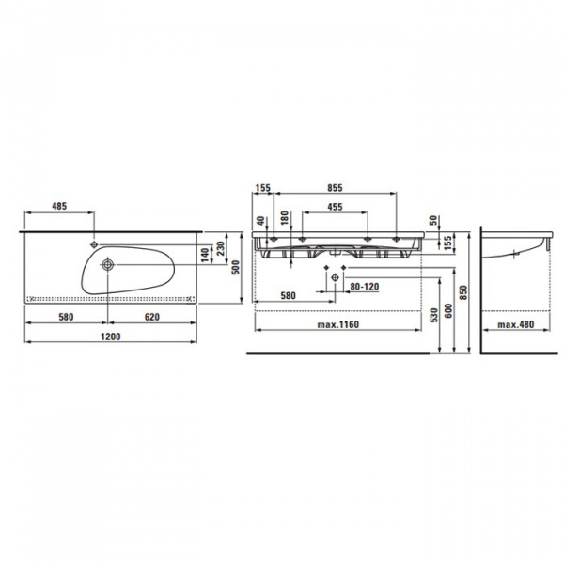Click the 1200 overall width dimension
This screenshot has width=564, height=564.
(x=111, y=337)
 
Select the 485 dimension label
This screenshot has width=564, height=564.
(x=59, y=206)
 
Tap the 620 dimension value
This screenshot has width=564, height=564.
(x=151, y=317)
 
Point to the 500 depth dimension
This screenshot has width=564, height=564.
(x=236, y=267)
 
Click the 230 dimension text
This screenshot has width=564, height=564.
(x=221, y=248)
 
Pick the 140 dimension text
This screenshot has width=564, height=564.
(x=205, y=255)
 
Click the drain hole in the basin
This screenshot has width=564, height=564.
(x=107, y=265)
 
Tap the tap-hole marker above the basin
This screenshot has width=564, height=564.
(x=94, y=244)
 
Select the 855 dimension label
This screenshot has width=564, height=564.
(x=335, y=188)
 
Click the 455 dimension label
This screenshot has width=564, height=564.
(x=335, y=207)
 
